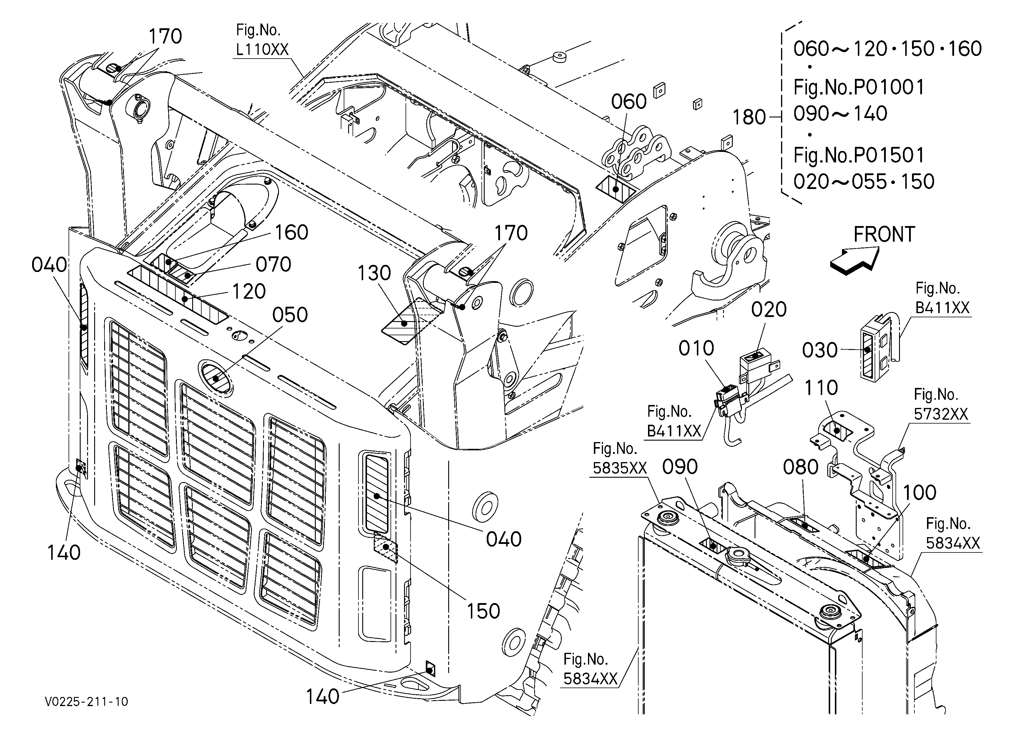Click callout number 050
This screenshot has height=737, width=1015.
pos(290,315)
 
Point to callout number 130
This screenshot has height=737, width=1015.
pos(374,273)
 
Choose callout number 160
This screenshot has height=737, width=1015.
pos(291,233)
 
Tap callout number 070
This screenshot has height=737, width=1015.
pos(273,265)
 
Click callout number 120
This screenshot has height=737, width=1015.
pos(249,292)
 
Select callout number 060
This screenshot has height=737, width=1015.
pos(629,102)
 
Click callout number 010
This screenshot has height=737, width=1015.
pos(696,348)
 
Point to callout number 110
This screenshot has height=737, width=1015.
pos(821,388)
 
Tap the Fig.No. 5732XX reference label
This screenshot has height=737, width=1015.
pos(941,404)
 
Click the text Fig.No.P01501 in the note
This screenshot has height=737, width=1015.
pos(859,156)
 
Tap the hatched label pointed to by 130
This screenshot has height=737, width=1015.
pos(411,321)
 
